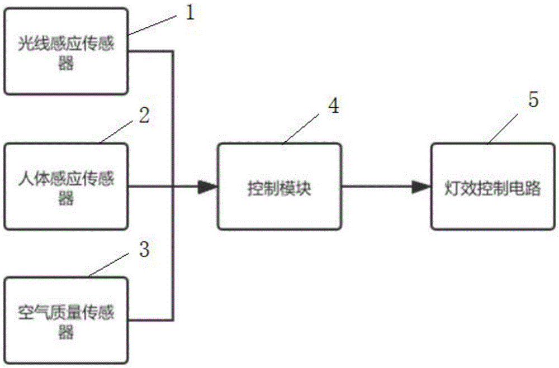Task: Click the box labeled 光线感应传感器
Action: point(66,51)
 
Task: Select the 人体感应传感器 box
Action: point(66,187)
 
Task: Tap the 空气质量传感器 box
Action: point(66,321)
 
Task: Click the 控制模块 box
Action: point(279,187)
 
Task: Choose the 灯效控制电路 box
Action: point(493,187)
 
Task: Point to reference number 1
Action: point(191,13)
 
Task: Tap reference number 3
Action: point(144,250)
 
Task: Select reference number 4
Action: point(333,106)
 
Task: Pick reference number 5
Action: point(533,100)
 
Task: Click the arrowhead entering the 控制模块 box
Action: point(208,187)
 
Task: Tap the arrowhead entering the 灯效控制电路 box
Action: point(421,187)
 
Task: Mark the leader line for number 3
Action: point(109,265)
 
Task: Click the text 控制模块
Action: point(279,188)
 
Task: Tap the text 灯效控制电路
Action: point(493,188)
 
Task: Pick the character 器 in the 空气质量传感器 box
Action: point(66,332)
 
